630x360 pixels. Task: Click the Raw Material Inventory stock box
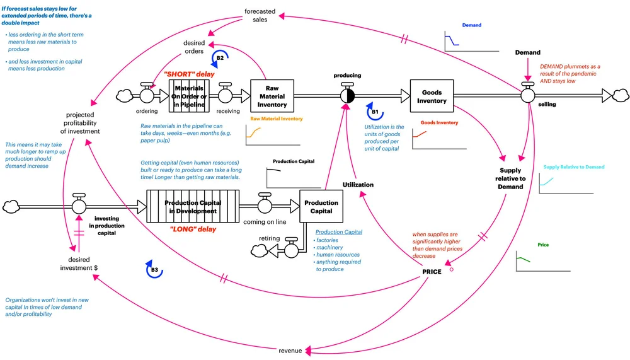pos(272,96)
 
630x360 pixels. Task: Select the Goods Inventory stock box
pos(432,96)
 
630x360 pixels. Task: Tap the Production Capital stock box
pos(321,207)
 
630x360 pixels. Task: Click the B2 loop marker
pos(220,58)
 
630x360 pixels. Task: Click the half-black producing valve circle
pos(348,96)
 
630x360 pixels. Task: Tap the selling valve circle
pos(528,95)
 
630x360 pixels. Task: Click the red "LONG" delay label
pos(193,229)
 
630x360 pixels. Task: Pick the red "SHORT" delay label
pos(190,74)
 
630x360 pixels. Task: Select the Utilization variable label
pos(358,185)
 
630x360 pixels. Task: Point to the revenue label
pos(290,351)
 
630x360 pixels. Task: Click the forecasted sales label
pos(260,15)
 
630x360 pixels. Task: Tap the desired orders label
pos(194,47)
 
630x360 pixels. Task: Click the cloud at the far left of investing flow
pos(13,206)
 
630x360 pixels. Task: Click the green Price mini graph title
pos(543,245)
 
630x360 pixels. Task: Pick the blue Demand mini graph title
pos(471,25)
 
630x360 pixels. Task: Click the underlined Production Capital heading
pos(339,232)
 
